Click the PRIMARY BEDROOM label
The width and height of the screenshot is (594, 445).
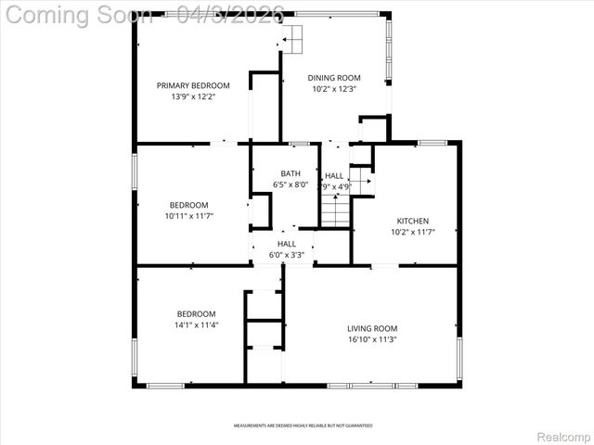pyautogui.click(x=192, y=85)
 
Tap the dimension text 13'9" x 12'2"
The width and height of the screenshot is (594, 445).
pyautogui.click(x=192, y=96)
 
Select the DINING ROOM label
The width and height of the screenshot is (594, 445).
pyautogui.click(x=334, y=78)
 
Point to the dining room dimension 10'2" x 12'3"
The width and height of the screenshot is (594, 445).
pyautogui.click(x=334, y=89)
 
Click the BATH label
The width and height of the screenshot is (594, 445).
pyautogui.click(x=291, y=173)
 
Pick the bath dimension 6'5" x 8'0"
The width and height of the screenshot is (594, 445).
pyautogui.click(x=291, y=184)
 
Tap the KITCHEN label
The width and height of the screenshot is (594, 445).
pyautogui.click(x=413, y=221)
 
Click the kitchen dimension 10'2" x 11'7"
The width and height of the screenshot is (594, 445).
pyautogui.click(x=413, y=232)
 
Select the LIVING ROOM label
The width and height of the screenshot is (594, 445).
pyautogui.click(x=372, y=328)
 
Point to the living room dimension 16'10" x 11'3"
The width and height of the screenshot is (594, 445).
pyautogui.click(x=372, y=339)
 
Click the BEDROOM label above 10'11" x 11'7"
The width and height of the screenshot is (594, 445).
pyautogui.click(x=188, y=205)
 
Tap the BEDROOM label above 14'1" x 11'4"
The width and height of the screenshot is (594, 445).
pyautogui.click(x=196, y=313)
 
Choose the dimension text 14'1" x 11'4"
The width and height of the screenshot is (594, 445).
pyautogui.click(x=196, y=324)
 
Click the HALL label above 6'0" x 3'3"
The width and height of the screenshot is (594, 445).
pyautogui.click(x=286, y=243)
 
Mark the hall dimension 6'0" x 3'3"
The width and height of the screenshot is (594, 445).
pyautogui.click(x=286, y=254)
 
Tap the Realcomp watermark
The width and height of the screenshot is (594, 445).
pyautogui.click(x=564, y=436)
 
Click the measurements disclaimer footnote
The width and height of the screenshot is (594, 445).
pyautogui.click(x=303, y=426)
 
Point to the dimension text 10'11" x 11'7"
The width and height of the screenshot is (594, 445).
pyautogui.click(x=188, y=216)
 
